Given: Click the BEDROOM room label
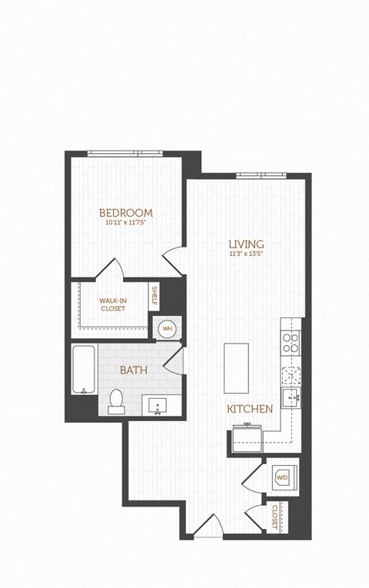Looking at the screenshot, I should coord(126,213).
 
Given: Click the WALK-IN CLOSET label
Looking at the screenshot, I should coord(112,304).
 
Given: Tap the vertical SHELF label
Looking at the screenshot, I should coord(155,296).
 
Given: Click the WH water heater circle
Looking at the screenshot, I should coord(167,329).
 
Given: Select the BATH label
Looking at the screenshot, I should coord(133,370).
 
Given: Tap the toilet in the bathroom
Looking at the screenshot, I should coord(117,400).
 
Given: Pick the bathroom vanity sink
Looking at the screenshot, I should coord(160,404).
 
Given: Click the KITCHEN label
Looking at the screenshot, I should coord(250,409).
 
